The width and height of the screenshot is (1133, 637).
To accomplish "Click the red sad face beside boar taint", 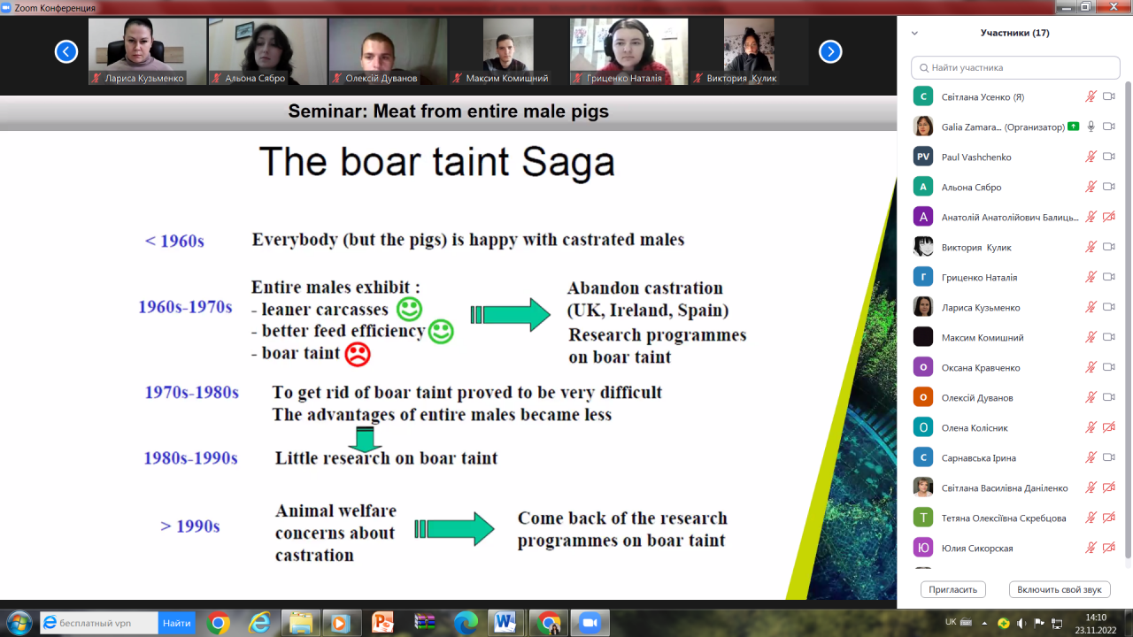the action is click(x=358, y=355).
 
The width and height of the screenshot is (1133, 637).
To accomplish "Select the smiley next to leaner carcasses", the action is click(x=409, y=309).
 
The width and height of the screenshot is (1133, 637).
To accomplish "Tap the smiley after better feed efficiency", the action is click(x=441, y=332).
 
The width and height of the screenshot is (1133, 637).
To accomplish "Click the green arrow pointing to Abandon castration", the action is click(x=511, y=314).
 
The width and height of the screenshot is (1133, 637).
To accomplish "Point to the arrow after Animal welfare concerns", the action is click(x=454, y=529).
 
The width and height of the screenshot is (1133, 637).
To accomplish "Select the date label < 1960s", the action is click(x=174, y=241).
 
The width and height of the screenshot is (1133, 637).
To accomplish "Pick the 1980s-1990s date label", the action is click(x=190, y=458).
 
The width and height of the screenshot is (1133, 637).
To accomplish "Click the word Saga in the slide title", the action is click(x=568, y=162).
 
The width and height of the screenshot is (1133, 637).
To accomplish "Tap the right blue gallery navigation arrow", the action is click(x=830, y=51).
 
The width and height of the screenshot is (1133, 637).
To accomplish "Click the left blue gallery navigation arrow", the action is click(x=66, y=51).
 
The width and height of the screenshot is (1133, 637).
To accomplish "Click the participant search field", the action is click(x=1015, y=68).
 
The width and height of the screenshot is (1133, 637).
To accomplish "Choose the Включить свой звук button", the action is click(x=1060, y=589).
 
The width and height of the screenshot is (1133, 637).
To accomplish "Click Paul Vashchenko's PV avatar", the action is click(x=923, y=157).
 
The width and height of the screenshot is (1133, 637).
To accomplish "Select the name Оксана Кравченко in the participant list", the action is click(x=981, y=367).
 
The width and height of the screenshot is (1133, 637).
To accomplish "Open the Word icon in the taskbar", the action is click(x=505, y=623).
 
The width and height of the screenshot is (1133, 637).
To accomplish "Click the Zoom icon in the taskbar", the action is click(x=590, y=623).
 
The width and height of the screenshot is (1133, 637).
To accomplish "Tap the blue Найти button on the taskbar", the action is click(x=176, y=623).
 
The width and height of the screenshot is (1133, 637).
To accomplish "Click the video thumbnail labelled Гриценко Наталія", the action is click(x=628, y=51).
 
